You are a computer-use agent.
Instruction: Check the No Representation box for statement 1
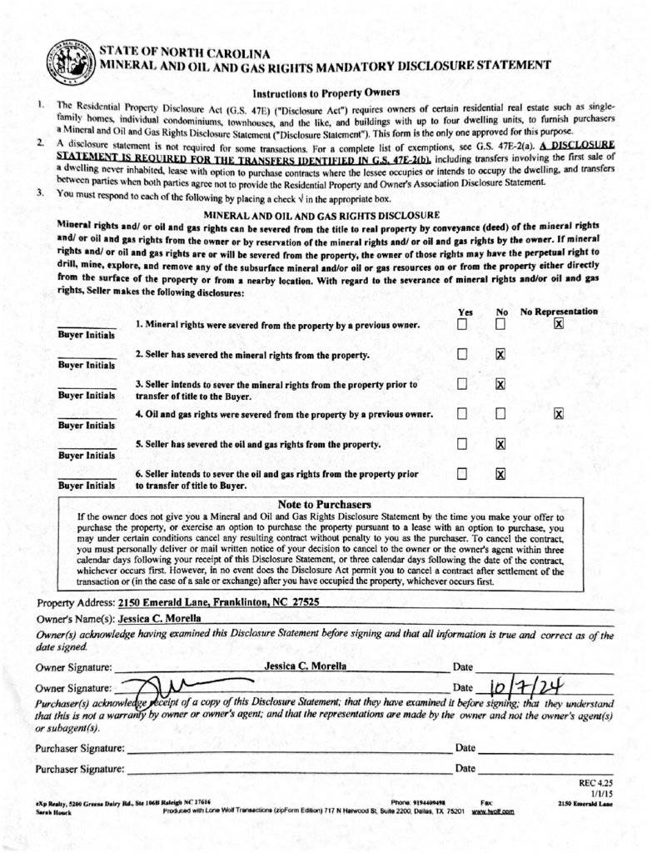559,324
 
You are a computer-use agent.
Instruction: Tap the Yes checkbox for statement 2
462,355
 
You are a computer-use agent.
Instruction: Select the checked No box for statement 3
500,384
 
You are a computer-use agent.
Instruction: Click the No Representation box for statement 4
559,414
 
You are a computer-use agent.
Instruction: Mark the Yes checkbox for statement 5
462,444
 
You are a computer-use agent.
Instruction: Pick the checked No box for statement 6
500,474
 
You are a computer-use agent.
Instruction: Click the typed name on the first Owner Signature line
306,666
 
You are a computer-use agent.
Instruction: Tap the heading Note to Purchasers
324,505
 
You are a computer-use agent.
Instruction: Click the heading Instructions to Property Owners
326,92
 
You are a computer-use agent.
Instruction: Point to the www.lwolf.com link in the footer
493,811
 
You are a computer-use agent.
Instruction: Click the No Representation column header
559,312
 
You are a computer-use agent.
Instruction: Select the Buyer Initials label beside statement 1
87,335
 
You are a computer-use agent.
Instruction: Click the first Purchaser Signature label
79,748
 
